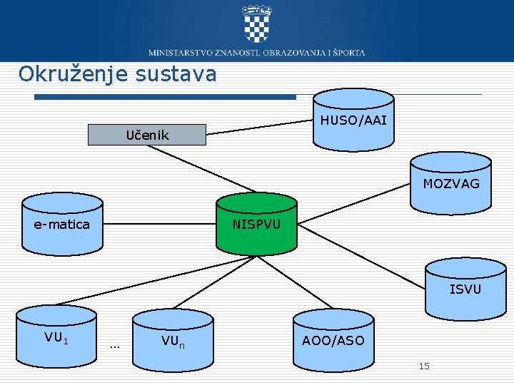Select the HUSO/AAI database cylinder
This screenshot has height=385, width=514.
click(353, 120)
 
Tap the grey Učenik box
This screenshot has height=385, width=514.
click(147, 135)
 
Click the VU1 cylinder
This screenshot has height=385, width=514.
click(56, 337)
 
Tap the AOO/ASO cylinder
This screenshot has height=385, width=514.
click(333, 341)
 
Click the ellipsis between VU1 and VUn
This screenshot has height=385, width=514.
click(115, 346)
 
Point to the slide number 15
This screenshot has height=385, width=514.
click(424, 366)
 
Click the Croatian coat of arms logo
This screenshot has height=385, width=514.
click(257, 23)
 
